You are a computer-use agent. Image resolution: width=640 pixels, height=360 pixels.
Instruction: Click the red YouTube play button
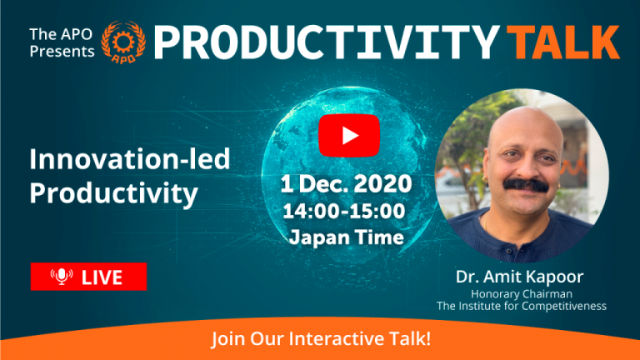coord(349,136)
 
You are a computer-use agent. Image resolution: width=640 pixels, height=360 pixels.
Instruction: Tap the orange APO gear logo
coord(123,42)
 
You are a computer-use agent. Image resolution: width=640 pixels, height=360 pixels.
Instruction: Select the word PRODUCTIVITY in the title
coord(327,42)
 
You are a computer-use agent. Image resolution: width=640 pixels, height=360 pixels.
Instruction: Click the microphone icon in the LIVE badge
coord(62,277)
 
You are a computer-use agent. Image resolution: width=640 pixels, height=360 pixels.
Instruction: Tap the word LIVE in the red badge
coord(102,277)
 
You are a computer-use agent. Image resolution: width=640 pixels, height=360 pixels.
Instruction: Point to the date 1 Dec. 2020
coord(346,183)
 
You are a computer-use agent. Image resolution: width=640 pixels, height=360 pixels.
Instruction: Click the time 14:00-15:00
coord(344,211)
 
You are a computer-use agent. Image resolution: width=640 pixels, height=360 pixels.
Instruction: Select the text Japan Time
coord(347,237)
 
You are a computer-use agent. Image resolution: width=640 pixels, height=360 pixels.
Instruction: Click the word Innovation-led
coord(130,159)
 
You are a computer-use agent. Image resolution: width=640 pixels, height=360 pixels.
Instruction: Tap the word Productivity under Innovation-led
coord(113,193)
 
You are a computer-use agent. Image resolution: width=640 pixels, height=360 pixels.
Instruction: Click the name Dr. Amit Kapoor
coord(520,277)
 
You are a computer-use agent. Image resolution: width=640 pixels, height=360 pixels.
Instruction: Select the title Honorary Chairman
coord(522,294)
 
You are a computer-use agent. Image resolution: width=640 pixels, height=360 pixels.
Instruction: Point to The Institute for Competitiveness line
coord(522,306)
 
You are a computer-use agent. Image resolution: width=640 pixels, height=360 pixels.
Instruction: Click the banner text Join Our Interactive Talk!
coord(321,339)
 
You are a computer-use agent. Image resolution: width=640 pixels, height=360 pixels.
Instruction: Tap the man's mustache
coord(526,185)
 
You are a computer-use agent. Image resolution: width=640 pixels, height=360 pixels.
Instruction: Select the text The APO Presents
coord(62,42)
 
